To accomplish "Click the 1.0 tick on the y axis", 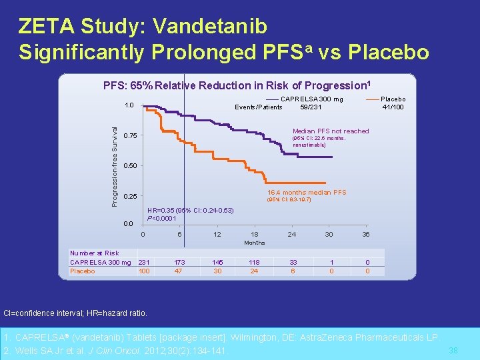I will tap(129, 105).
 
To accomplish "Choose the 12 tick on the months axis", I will tap(217, 234).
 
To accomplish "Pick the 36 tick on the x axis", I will tap(365, 234).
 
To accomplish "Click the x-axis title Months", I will tap(254, 243).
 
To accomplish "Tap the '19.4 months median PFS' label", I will tap(307, 193).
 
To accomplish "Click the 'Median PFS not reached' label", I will tap(331, 131).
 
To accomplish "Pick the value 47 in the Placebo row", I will tap(179, 271).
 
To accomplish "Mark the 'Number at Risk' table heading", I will tap(95, 253).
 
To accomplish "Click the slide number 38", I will tap(453, 351).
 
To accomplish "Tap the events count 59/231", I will tap(311, 107).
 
